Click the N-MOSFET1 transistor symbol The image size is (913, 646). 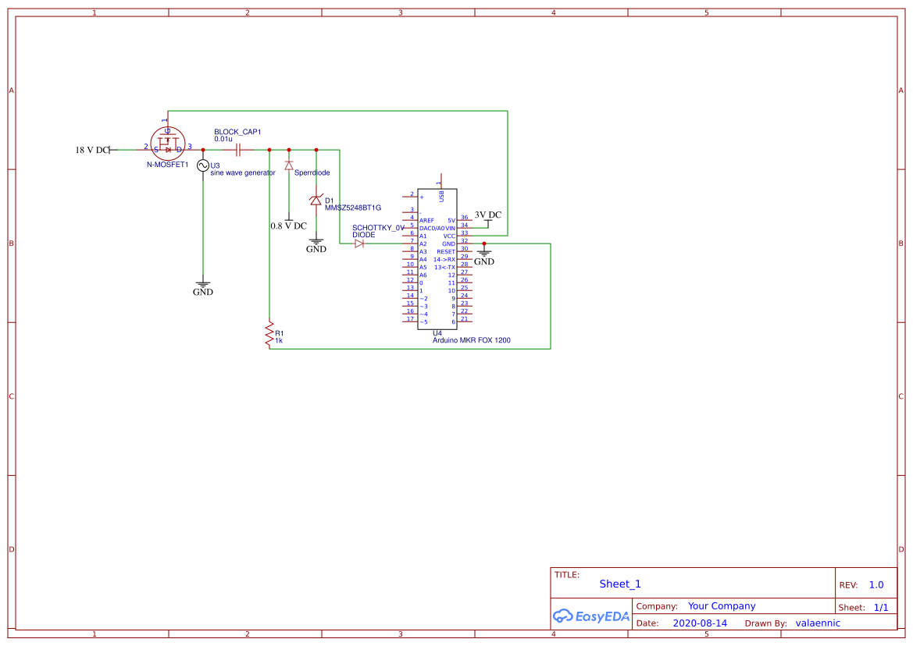(x=167, y=146)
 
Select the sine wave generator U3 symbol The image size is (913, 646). (x=203, y=165)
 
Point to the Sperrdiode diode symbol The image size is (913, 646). (x=289, y=165)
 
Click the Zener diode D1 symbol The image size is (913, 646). (x=316, y=201)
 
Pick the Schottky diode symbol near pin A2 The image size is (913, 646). (x=359, y=244)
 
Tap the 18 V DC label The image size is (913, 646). (x=92, y=150)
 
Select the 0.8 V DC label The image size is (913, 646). (x=288, y=225)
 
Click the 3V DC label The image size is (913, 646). (x=488, y=215)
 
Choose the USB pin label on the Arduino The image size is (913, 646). (x=442, y=196)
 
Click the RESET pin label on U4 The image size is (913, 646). (x=445, y=252)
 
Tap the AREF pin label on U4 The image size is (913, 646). (x=426, y=221)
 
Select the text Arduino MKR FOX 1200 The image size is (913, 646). (x=471, y=341)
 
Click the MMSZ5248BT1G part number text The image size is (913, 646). (x=352, y=208)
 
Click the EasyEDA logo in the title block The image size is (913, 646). (x=591, y=616)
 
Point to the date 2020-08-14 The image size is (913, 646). (x=700, y=623)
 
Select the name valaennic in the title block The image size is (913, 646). (x=818, y=623)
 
